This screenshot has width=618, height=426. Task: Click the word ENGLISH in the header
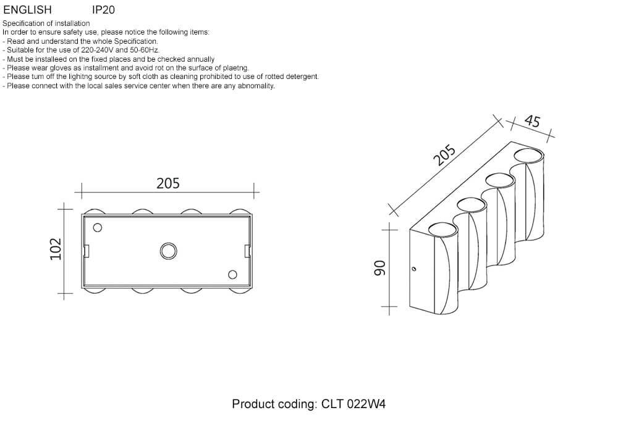28,10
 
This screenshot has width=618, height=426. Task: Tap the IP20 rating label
103,10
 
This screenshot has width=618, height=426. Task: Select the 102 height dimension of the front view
56,250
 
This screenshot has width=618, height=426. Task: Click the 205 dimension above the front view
167,183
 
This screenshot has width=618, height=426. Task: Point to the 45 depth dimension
531,121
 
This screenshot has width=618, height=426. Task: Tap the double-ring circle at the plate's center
167,251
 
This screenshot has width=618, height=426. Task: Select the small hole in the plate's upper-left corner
96,227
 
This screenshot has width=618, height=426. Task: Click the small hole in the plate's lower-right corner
233,275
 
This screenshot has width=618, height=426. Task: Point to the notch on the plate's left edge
87,251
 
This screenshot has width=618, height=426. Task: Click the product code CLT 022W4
353,404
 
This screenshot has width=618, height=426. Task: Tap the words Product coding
274,404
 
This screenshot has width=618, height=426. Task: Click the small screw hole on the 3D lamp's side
414,269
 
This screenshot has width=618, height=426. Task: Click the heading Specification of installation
46,23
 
